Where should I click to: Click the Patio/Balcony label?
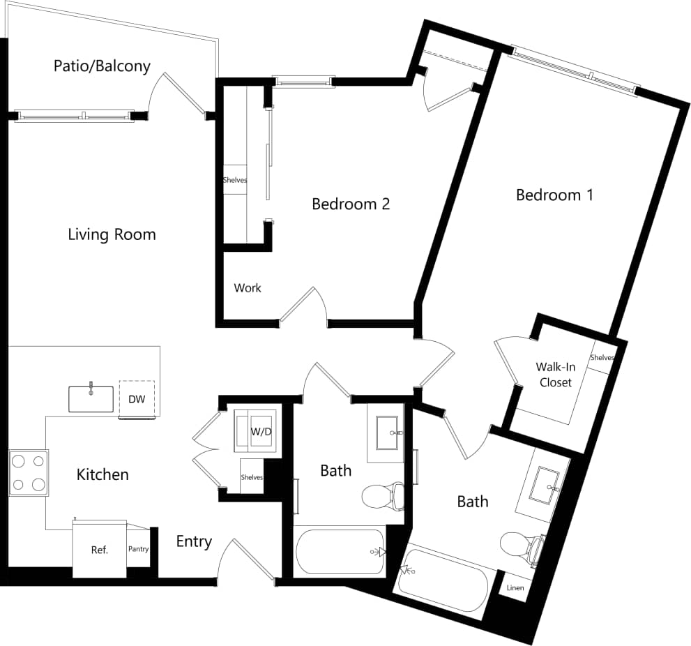tap(102, 66)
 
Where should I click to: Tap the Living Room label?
tap(112, 234)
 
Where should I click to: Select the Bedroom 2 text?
tap(350, 204)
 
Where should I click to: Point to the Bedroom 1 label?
tap(554, 195)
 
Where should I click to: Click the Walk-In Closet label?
tap(555, 375)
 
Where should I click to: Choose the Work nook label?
tap(248, 287)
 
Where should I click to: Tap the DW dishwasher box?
tap(137, 399)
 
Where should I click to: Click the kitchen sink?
tap(91, 398)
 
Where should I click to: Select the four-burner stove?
tap(29, 473)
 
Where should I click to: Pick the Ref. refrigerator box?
tap(100, 550)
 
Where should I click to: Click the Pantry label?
tap(138, 549)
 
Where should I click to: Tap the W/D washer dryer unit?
tap(261, 431)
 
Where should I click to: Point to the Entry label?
tap(193, 541)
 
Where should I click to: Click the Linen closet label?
tap(515, 588)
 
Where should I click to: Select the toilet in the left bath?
tap(383, 496)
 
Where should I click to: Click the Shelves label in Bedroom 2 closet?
tap(235, 180)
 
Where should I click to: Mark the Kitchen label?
tap(102, 474)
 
